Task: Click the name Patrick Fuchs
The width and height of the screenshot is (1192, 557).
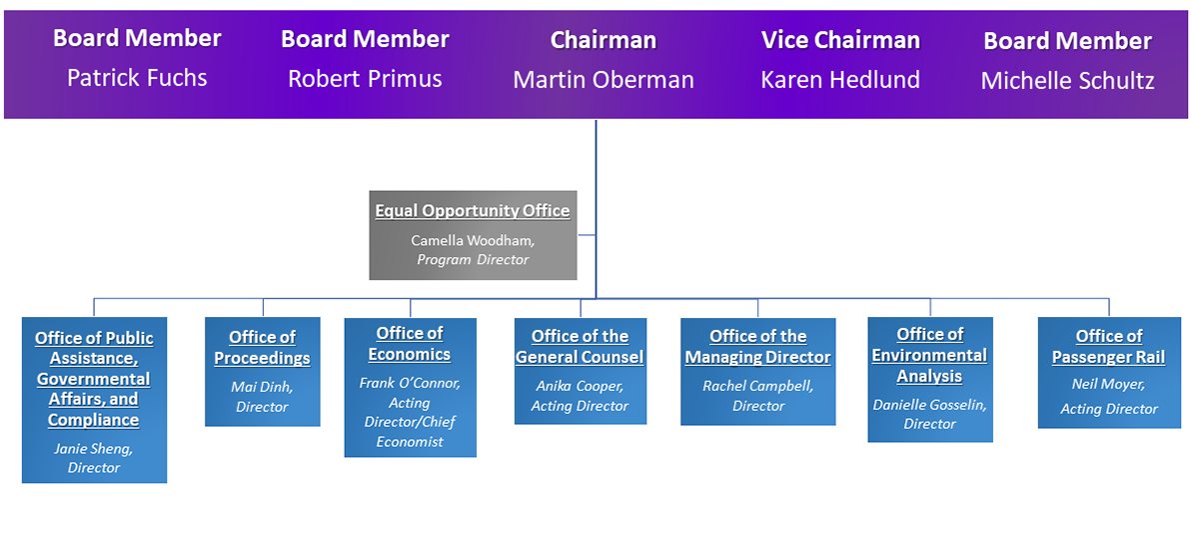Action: (137, 78)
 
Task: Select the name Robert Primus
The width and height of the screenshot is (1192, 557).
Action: (365, 79)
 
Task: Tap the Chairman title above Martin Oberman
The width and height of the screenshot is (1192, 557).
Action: (602, 40)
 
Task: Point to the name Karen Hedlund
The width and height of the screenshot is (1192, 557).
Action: (839, 80)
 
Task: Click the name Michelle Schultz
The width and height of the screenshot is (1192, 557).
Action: (1067, 81)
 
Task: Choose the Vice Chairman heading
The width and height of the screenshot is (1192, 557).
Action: (839, 40)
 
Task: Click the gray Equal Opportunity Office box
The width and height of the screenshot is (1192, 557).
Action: (473, 235)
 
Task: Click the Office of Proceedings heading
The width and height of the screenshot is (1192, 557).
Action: (262, 348)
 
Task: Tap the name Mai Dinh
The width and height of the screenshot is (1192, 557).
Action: (262, 386)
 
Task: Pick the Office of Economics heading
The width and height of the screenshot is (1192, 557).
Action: (410, 344)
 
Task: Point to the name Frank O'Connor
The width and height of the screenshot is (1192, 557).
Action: (410, 383)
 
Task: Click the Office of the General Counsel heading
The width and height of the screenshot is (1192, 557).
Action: (580, 347)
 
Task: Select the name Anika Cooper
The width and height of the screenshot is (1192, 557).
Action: (580, 386)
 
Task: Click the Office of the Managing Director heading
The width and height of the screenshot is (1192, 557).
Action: (757, 347)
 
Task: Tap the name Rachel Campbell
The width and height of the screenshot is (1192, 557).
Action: (757, 386)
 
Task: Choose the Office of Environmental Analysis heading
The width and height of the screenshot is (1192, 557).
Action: (929, 355)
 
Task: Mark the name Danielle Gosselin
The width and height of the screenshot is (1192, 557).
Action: (929, 405)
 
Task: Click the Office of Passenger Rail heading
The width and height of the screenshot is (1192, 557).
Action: (1108, 347)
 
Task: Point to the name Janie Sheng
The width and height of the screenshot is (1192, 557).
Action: (94, 449)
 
